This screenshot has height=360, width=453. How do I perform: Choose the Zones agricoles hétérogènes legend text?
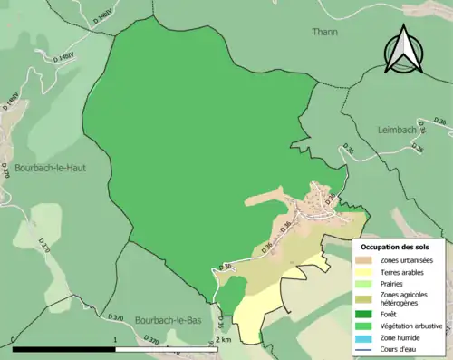pos(407,300)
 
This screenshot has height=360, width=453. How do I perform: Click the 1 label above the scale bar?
pos(115,339)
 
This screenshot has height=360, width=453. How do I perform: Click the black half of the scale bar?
pos(64,349)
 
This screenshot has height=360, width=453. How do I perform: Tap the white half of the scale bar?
pos(167,349)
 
